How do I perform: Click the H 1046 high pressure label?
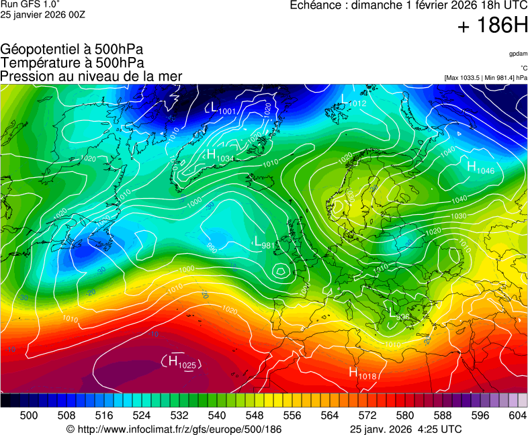(x=480, y=168)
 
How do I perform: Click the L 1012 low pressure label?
(x=353, y=101)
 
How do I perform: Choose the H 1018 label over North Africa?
(x=362, y=373)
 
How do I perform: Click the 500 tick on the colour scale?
(x=28, y=416)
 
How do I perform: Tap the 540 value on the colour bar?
(x=217, y=416)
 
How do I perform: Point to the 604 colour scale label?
(x=517, y=416)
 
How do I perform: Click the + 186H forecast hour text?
(x=492, y=26)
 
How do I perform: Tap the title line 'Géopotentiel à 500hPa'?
(x=72, y=50)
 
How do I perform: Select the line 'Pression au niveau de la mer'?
(x=91, y=76)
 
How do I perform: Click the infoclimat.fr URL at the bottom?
(x=174, y=429)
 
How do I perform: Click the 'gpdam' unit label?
(x=517, y=54)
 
